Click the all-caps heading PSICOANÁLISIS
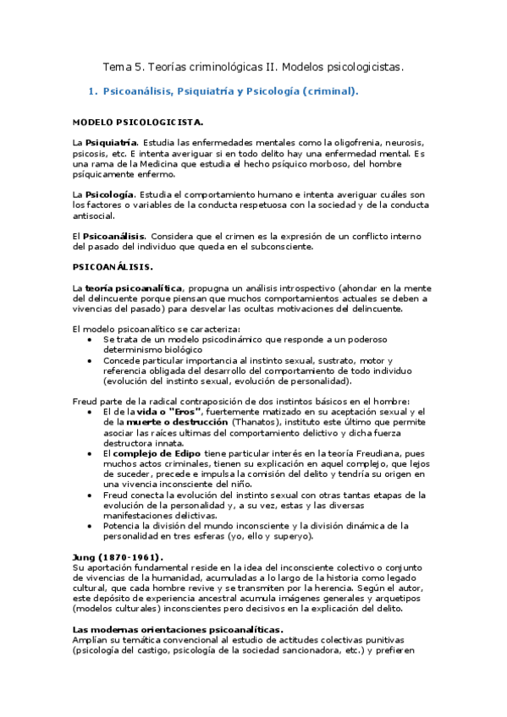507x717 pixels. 112,266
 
